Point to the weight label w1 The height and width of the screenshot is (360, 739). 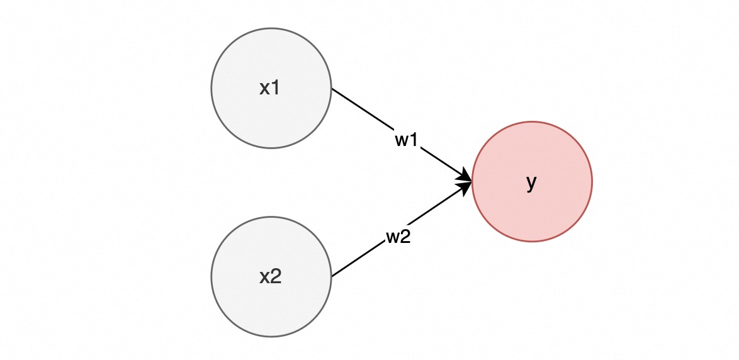pyautogui.click(x=407, y=140)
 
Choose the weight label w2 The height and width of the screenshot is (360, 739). pyautogui.click(x=398, y=237)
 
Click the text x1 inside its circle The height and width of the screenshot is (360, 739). pyautogui.click(x=270, y=88)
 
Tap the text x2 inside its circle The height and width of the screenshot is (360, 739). pyautogui.click(x=270, y=276)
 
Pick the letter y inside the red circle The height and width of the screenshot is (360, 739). pyautogui.click(x=531, y=183)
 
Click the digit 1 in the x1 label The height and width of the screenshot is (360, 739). pyautogui.click(x=276, y=88)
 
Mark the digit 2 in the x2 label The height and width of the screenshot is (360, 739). pyautogui.click(x=276, y=276)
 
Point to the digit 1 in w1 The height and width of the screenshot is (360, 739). pyautogui.click(x=414, y=140)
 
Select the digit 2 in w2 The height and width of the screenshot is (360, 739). pyautogui.click(x=406, y=237)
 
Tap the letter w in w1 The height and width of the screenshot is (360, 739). pyautogui.click(x=402, y=140)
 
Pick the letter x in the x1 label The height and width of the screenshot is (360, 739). pyautogui.click(x=265, y=89)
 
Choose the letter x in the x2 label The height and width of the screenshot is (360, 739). pyautogui.click(x=265, y=277)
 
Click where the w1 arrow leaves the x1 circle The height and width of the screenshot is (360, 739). pyautogui.click(x=332, y=89)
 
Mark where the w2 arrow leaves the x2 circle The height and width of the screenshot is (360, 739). pyautogui.click(x=332, y=276)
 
